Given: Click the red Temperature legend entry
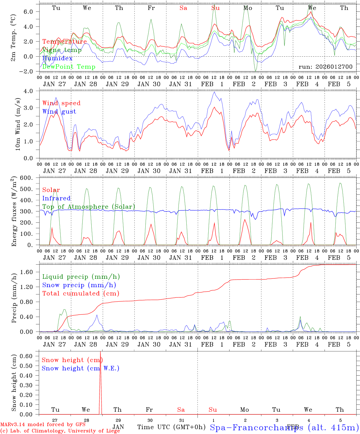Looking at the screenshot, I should [x=65, y=42].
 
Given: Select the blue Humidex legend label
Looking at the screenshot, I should [x=57, y=58].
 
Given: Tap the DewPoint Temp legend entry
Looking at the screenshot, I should [x=69, y=67].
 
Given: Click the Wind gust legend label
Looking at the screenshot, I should [x=59, y=112].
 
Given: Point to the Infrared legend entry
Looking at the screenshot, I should [x=56, y=198].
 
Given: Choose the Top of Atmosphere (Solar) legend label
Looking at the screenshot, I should [x=89, y=207].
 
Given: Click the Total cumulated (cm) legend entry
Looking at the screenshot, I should [x=81, y=293].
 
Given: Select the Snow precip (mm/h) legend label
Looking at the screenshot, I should [x=79, y=285].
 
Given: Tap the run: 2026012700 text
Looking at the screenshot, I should [x=325, y=67].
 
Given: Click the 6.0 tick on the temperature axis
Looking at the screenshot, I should [x=30, y=11].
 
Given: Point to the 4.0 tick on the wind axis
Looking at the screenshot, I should [x=30, y=91].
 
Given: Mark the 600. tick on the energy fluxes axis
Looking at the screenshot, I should [x=28, y=178].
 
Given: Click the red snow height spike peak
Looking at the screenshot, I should [x=100, y=352].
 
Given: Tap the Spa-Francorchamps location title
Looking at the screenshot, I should [x=284, y=427].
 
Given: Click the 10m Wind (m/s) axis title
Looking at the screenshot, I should [x=17, y=125].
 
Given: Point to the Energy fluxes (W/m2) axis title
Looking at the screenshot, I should [x=14, y=212].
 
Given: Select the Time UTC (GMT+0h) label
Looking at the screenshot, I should [x=171, y=427].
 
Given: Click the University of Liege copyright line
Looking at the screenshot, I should [x=60, y=431].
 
